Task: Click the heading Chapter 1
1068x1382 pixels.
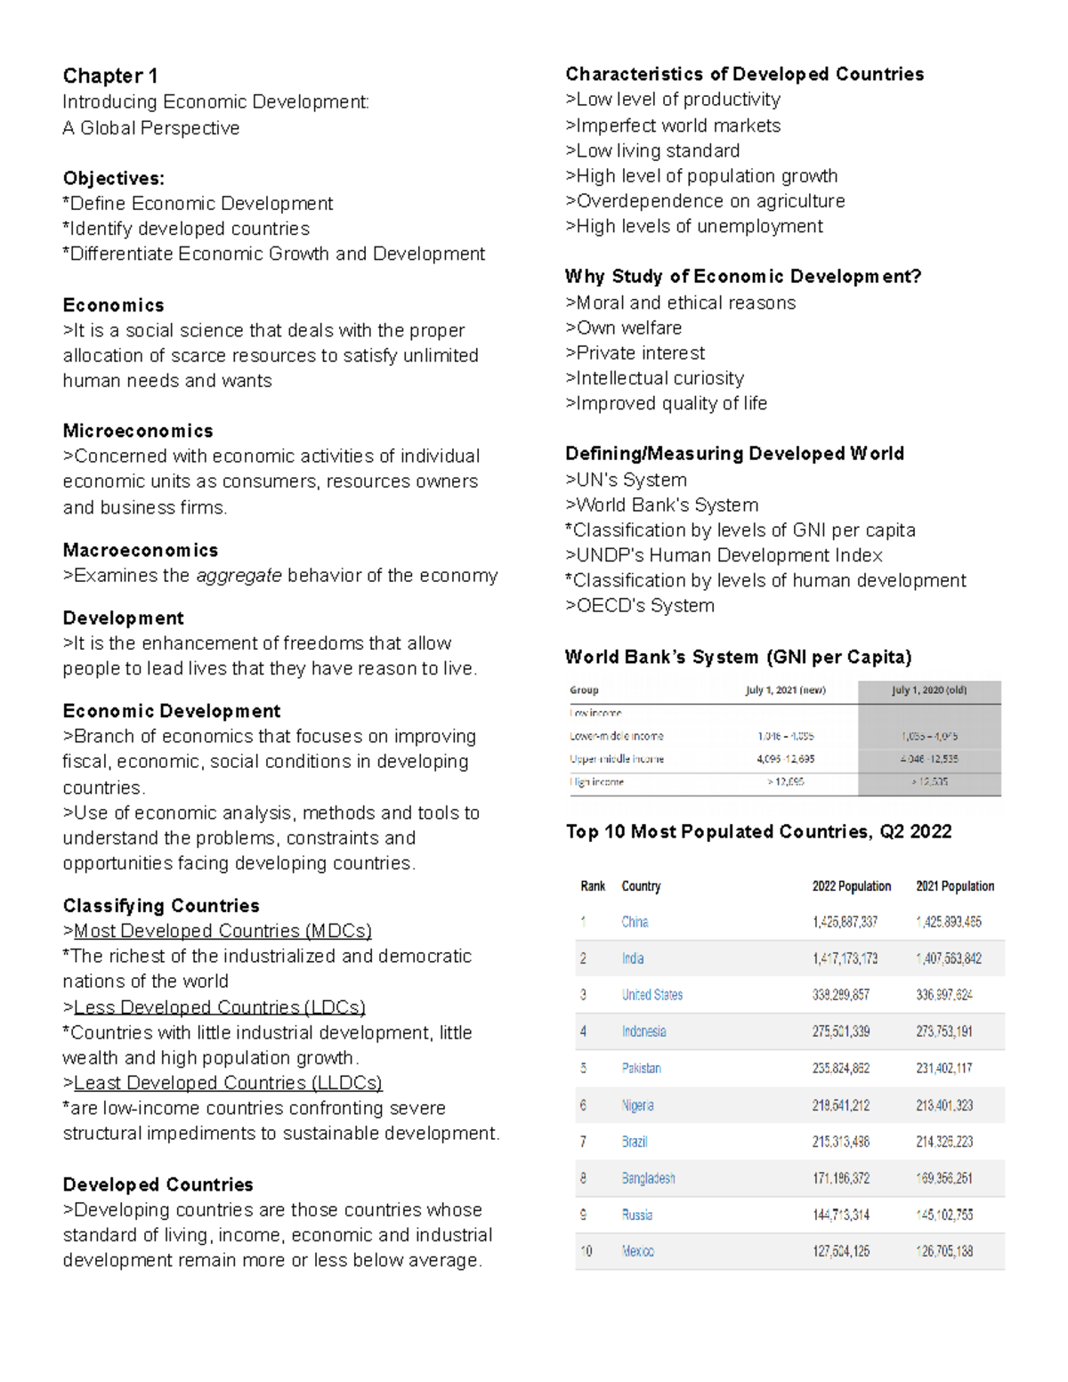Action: click(x=109, y=76)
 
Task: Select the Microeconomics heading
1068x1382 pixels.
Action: click(x=138, y=431)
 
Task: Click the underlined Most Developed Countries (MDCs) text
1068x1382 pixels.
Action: click(x=222, y=931)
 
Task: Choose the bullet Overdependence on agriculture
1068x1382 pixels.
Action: click(x=705, y=201)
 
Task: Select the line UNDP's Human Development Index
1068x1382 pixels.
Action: click(x=724, y=555)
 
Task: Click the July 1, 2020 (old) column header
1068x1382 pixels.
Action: click(x=929, y=691)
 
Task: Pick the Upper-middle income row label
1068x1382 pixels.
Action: click(x=617, y=759)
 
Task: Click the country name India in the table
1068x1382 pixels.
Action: click(x=633, y=958)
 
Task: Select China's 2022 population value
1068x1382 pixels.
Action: click(x=845, y=922)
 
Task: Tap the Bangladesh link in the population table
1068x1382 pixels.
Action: click(x=648, y=1178)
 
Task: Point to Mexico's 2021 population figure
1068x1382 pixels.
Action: click(x=944, y=1251)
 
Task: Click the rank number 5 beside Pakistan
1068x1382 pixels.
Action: click(x=584, y=1068)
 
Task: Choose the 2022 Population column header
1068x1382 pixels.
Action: click(x=851, y=886)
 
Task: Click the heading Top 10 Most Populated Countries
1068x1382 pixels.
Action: click(x=758, y=832)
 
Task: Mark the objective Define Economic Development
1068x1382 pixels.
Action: click(x=198, y=204)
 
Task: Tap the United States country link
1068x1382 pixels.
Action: click(x=651, y=995)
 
